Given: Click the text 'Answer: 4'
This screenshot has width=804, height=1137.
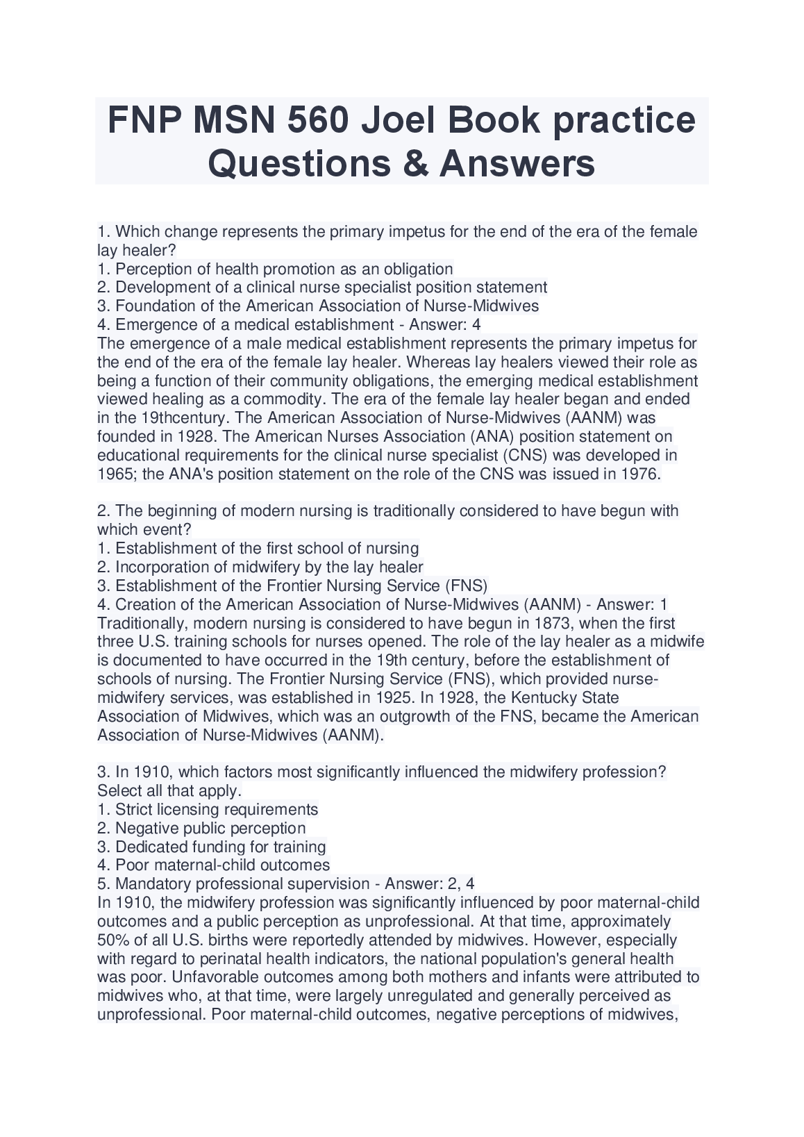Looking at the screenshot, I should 445,325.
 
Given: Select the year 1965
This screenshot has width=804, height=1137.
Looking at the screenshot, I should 117,474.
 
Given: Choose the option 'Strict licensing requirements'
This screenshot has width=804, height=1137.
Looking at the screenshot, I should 217,810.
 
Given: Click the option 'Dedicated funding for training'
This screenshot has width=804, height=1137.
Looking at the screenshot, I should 220,847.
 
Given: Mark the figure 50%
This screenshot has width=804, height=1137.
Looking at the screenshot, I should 113,940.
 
